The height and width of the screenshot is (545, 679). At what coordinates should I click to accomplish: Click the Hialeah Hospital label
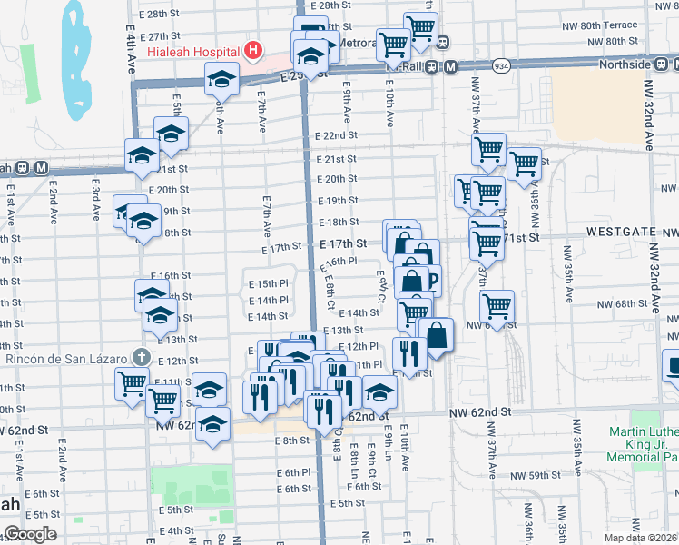tap(192, 49)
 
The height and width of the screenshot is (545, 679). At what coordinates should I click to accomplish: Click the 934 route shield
tap(500, 66)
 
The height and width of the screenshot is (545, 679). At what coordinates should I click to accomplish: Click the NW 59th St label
tap(531, 476)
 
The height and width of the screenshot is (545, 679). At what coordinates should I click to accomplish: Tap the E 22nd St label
tap(337, 136)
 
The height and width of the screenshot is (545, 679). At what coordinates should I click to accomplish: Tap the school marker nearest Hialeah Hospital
tap(221, 80)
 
